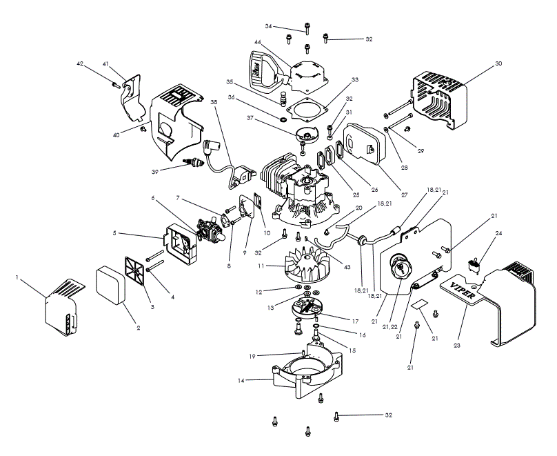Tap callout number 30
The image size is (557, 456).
click(x=499, y=63)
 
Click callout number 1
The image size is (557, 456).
click(x=17, y=277)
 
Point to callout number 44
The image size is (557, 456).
click(x=257, y=43)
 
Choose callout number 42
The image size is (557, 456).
click(x=79, y=63)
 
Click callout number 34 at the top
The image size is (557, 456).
click(x=269, y=26)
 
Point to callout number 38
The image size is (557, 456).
click(x=214, y=101)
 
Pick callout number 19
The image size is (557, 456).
click(x=252, y=356)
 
